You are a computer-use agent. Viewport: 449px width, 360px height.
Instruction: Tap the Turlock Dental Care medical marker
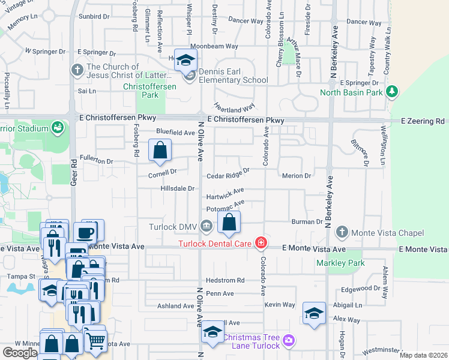point(261,242)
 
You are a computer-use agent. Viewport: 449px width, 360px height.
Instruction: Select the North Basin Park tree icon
point(392,92)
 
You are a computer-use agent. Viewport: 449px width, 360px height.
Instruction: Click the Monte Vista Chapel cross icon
point(342,232)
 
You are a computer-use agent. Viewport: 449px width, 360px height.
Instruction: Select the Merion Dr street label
point(297,176)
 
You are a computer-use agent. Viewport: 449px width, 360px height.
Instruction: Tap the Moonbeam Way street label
point(214,46)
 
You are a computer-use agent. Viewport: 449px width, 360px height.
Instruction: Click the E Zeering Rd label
point(425,121)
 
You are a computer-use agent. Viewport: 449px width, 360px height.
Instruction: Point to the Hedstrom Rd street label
point(225,280)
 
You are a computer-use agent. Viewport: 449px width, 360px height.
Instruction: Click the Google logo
point(19,353)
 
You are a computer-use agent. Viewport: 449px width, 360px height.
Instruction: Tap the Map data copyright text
point(423,355)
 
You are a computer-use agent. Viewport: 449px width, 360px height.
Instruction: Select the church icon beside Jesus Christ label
point(76,70)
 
